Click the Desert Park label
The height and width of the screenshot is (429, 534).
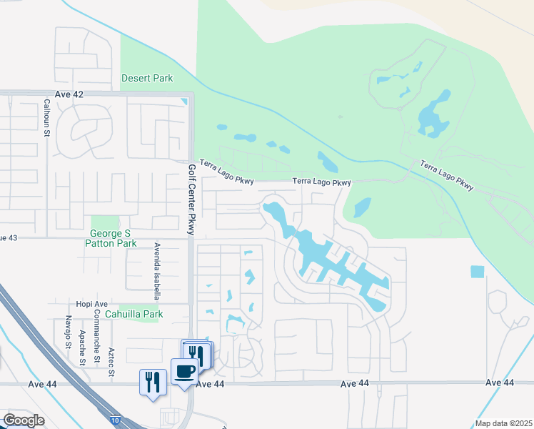(x=147, y=78)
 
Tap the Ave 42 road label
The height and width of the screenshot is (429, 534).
(x=69, y=94)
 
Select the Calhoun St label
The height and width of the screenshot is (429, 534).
(x=46, y=118)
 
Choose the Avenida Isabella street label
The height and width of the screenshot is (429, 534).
(x=156, y=270)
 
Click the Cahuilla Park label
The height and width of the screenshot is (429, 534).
(x=133, y=314)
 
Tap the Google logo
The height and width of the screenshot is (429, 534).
(x=24, y=420)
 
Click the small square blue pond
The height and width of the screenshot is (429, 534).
(x=477, y=272)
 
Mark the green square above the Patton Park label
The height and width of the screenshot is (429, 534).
(x=105, y=222)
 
